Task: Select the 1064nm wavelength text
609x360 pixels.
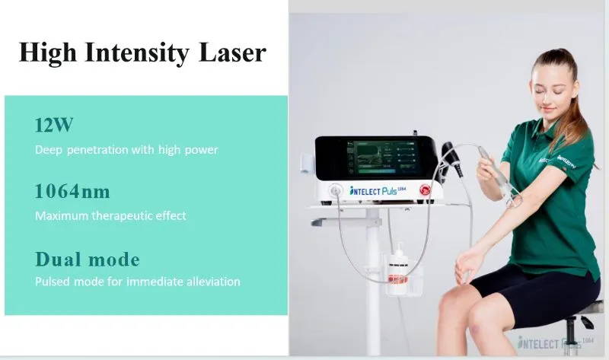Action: [x=72, y=191]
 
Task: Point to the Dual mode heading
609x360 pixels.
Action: [x=88, y=259]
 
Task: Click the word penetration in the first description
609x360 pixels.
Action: [x=105, y=150]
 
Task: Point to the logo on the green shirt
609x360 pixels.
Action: [x=565, y=161]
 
